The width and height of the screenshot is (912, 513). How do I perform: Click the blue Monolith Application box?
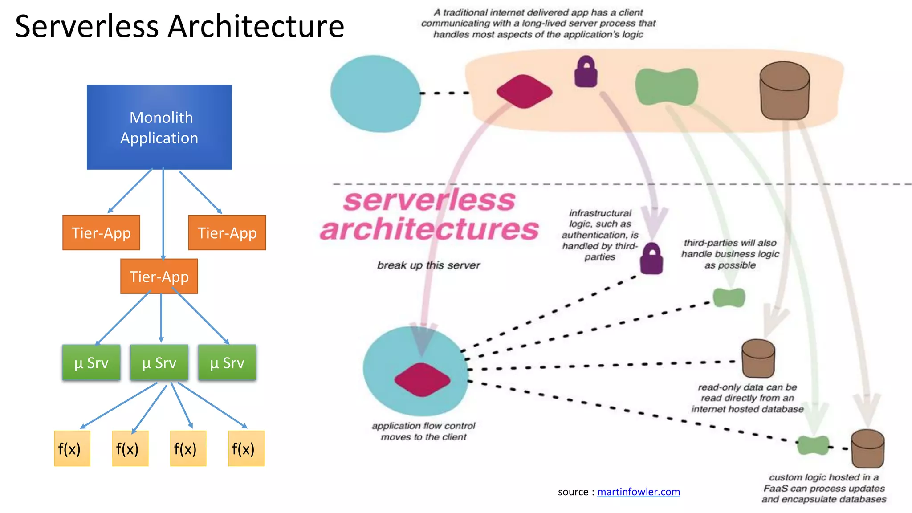pos(159,127)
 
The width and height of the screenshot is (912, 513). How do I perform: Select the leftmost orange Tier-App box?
pos(101,233)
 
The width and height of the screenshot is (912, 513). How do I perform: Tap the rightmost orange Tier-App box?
pos(227,233)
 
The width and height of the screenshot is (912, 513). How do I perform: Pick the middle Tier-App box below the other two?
pos(159,277)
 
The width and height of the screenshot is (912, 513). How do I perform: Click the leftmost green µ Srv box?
pos(91,363)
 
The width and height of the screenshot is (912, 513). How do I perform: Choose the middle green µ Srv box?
pos(159,363)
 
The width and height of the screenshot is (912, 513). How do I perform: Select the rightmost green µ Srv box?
pos(227,363)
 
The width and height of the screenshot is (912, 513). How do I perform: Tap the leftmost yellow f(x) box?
pos(72,448)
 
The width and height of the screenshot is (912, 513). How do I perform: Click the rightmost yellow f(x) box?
pos(246,448)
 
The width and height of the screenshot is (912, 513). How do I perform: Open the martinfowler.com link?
pos(638,492)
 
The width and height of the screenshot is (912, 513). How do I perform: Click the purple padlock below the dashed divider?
pos(651,260)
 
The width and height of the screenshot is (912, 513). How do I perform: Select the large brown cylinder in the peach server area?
pos(784,91)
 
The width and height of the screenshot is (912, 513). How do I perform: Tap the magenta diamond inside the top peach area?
pos(524,91)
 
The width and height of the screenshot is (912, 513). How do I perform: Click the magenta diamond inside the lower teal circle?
pos(422,379)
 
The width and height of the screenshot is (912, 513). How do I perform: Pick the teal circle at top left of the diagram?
pos(375,94)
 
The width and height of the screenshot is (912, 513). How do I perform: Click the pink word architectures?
pos(430,229)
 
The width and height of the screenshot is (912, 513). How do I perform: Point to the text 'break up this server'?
pos(428,265)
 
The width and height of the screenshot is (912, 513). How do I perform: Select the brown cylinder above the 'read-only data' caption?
pos(758,358)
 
